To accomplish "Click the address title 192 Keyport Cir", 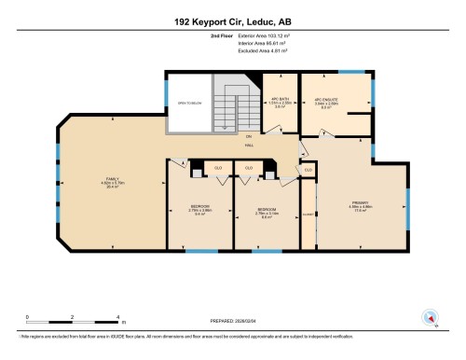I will click(233, 20).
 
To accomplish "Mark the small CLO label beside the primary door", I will click(308, 170).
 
